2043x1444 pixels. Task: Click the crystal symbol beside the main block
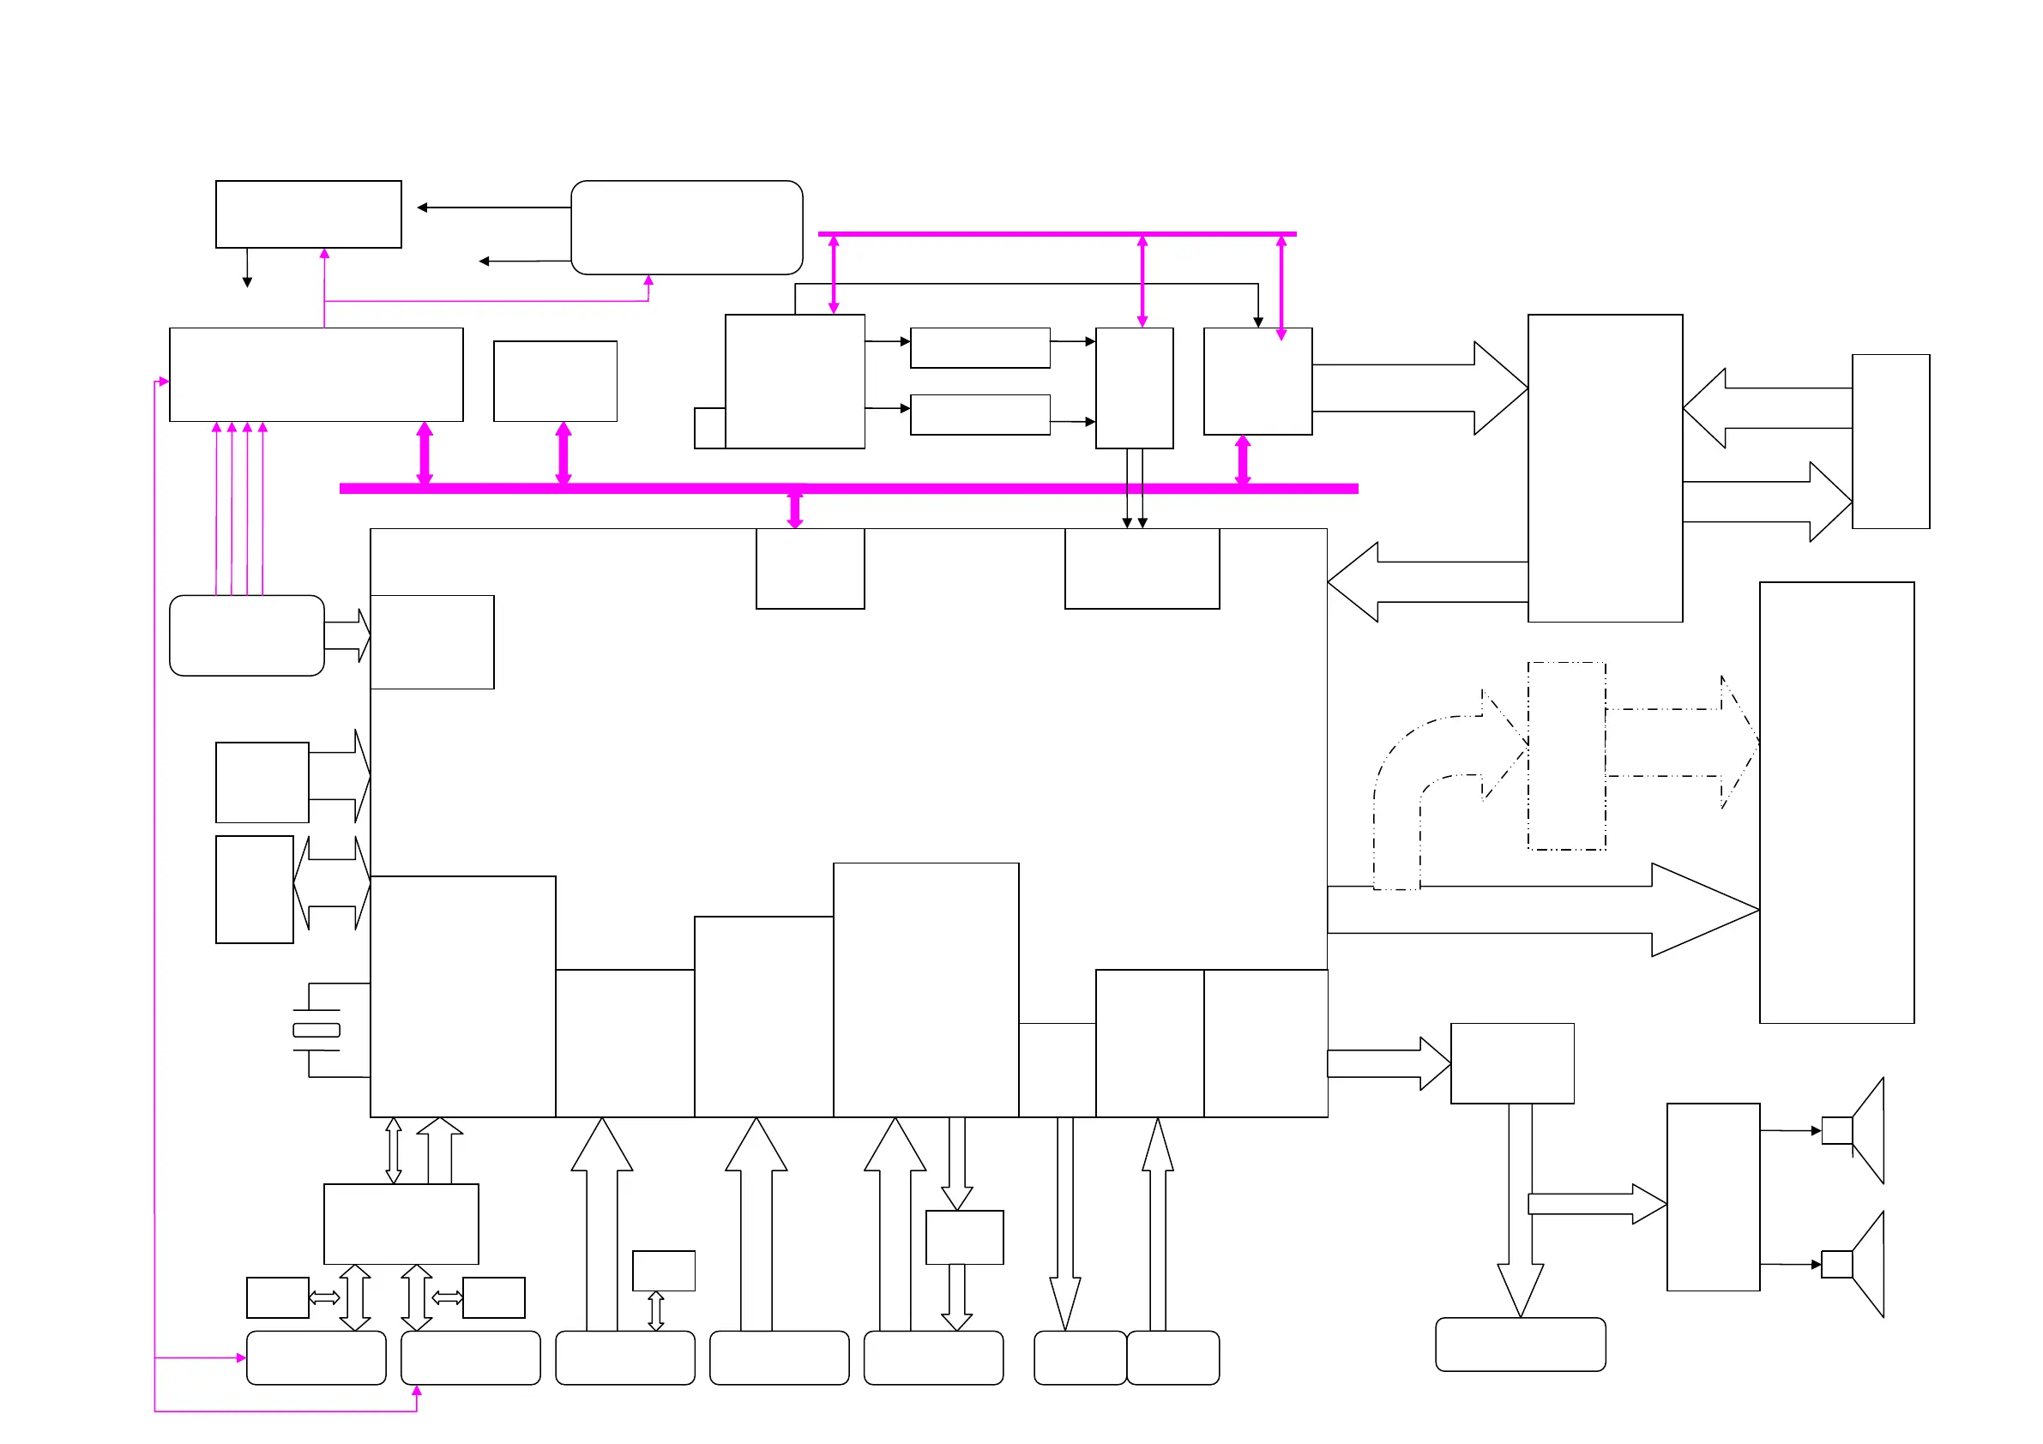pos(316,1031)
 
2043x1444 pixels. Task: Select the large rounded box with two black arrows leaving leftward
pos(686,227)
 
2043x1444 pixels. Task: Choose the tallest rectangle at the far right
pos(1836,803)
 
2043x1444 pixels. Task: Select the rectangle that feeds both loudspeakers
pos(1713,1197)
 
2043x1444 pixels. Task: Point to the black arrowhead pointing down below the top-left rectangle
pos(247,281)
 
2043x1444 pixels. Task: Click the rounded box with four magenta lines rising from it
pos(246,635)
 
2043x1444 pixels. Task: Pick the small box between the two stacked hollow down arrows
pos(965,1236)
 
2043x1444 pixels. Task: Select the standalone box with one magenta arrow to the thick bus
pos(555,381)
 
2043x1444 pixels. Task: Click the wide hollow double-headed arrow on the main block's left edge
pos(332,882)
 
